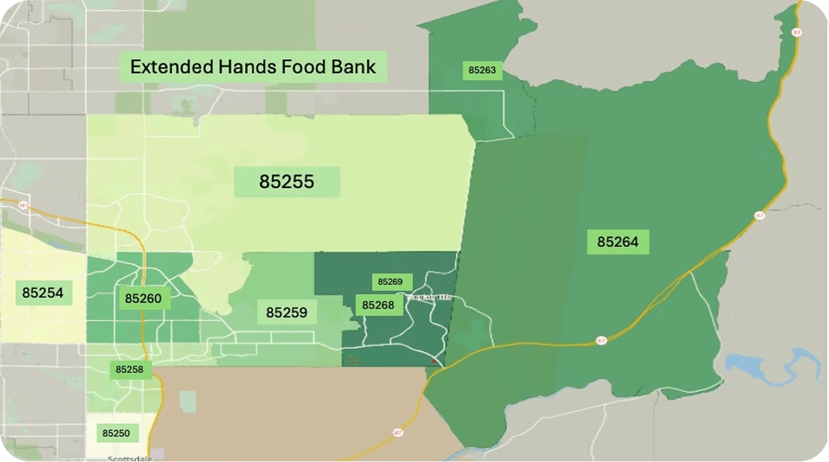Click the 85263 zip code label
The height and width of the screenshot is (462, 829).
click(481, 71)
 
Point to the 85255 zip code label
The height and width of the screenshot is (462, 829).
click(286, 182)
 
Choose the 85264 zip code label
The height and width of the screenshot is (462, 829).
click(618, 242)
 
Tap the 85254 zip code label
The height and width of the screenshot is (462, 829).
click(43, 293)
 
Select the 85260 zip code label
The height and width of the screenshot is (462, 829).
click(143, 299)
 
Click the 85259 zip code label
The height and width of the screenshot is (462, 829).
click(286, 312)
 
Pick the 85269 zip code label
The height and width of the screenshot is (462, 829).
click(389, 282)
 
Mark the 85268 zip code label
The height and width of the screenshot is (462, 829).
click(378, 305)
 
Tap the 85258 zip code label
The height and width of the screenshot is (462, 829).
click(129, 370)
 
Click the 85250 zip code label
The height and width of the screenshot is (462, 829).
click(116, 433)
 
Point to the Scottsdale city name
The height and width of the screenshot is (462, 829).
click(130, 459)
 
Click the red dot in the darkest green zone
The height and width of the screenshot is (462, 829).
click(434, 361)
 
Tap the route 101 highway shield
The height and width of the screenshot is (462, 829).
click(24, 205)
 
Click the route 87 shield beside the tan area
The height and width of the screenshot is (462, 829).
click(398, 432)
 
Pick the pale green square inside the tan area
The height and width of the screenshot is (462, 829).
click(187, 401)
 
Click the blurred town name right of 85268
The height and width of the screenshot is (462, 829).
click(429, 297)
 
